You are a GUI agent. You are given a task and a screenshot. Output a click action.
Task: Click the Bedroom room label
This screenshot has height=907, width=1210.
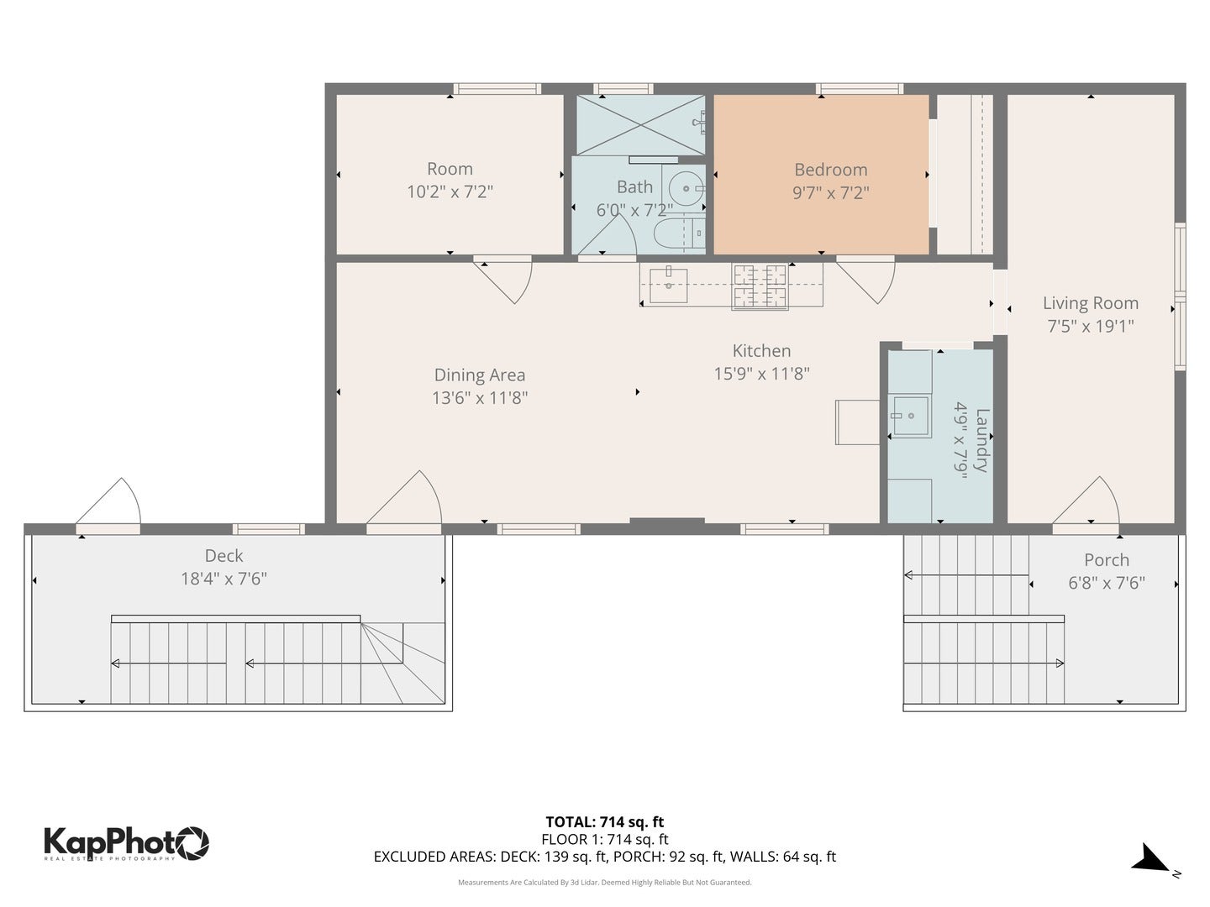pyautogui.click(x=830, y=170)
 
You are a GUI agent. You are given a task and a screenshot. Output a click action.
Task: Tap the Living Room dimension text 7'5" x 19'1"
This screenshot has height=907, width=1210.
pyautogui.click(x=1090, y=326)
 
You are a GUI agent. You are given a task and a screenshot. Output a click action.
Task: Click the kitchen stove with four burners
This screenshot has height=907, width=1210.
pyautogui.click(x=760, y=286)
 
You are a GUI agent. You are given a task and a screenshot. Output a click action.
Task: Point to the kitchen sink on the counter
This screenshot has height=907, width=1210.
pyautogui.click(x=669, y=286)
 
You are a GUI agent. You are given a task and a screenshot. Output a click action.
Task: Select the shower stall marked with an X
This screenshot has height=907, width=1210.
pyautogui.click(x=641, y=125)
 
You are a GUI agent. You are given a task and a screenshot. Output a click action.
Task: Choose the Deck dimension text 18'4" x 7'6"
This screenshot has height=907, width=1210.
pyautogui.click(x=224, y=579)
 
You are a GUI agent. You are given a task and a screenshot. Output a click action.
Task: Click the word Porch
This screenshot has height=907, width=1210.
pyautogui.click(x=1106, y=560)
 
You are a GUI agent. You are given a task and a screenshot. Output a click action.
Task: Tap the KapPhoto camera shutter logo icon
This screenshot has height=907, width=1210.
pyautogui.click(x=192, y=841)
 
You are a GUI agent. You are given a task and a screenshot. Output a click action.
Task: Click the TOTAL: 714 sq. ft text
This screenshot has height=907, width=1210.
pyautogui.click(x=604, y=822)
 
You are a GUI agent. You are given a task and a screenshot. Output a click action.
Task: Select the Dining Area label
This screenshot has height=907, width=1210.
pyautogui.click(x=479, y=375)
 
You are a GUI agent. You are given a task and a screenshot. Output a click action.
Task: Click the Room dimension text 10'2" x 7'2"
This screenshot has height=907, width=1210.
pyautogui.click(x=450, y=191)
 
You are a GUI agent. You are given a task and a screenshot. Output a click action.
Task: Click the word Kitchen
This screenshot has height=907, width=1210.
pyautogui.click(x=761, y=351)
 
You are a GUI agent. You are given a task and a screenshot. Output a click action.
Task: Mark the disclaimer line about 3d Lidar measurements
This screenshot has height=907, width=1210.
pyautogui.click(x=604, y=883)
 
